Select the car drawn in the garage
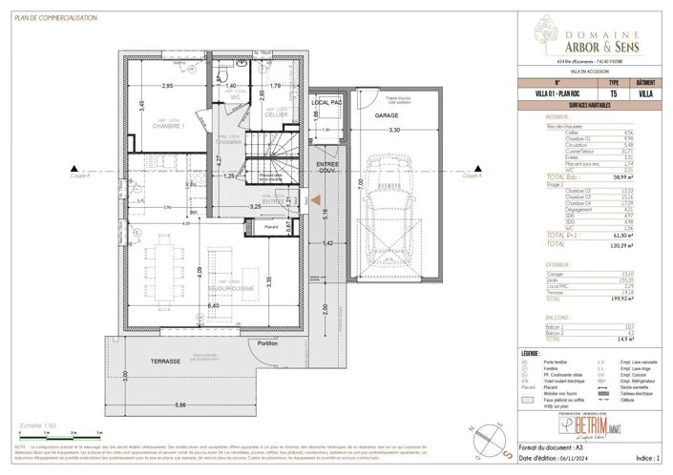click(x=386, y=201)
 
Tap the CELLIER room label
click(x=277, y=114)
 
